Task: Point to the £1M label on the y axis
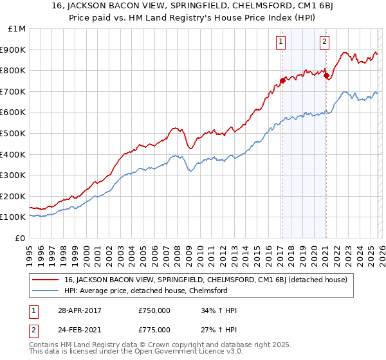pos(17,28)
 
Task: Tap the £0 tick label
pos(21,238)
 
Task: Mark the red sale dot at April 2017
pos(282,80)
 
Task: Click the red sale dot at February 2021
pos(326,75)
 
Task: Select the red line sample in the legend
pos(46,280)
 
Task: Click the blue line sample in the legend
pos(46,291)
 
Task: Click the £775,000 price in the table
pos(154,329)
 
